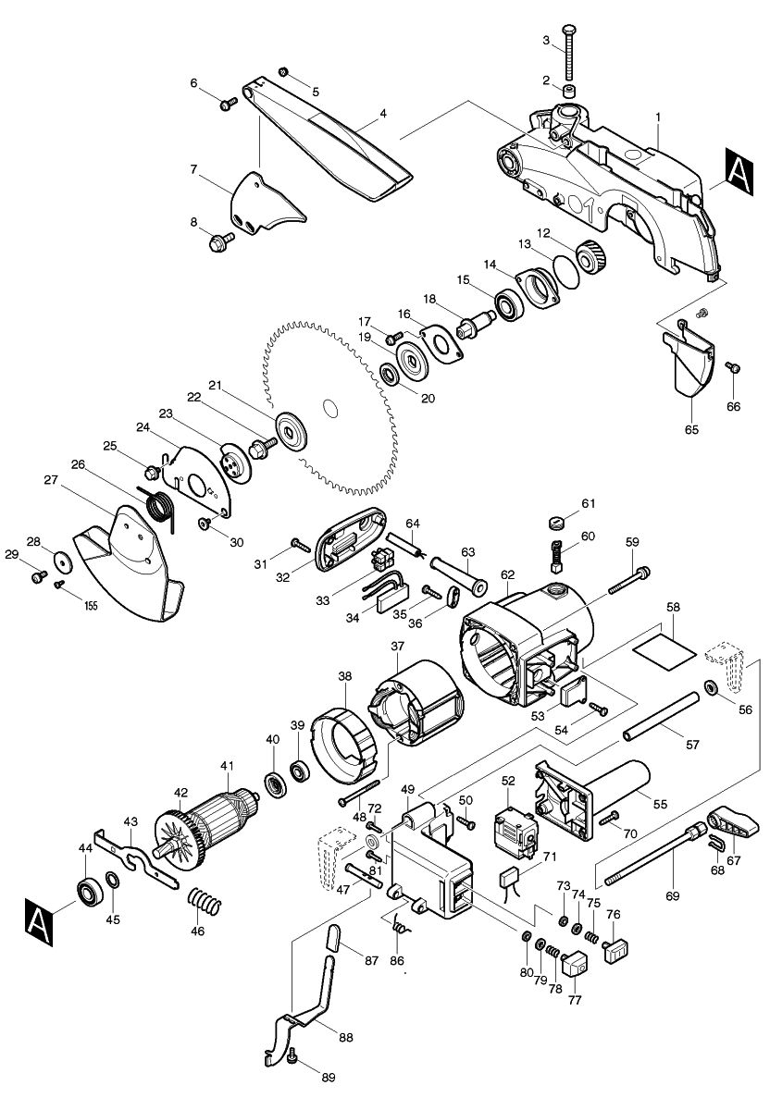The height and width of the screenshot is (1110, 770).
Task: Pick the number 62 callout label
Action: pyautogui.click(x=507, y=574)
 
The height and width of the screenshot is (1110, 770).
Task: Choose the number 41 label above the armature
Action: pyautogui.click(x=227, y=765)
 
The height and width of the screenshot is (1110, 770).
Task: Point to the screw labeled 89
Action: pyautogui.click(x=294, y=1055)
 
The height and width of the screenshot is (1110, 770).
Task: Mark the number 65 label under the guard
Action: pyautogui.click(x=691, y=429)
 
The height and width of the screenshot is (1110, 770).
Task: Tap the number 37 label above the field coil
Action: pyautogui.click(x=396, y=645)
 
